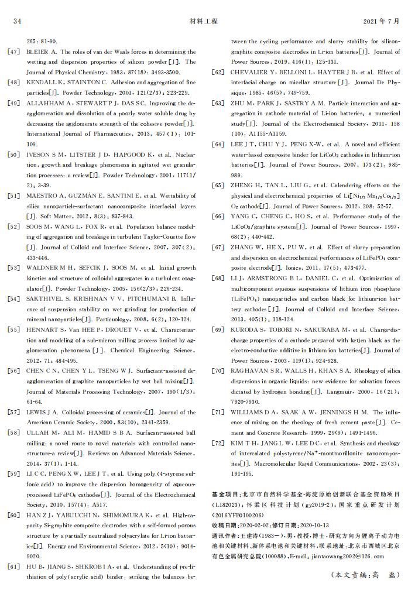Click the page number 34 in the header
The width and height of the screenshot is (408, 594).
pyautogui.click(x=17, y=22)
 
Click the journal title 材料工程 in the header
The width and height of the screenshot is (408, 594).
pyautogui.click(x=204, y=22)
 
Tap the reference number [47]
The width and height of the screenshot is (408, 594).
pyautogui.click(x=13, y=52)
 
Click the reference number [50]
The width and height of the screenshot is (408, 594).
pyautogui.click(x=13, y=155)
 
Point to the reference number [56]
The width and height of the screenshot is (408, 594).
pyautogui.click(x=13, y=371)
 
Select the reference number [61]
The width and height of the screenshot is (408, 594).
pyautogui.click(x=13, y=566)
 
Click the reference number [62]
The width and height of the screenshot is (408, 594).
pyautogui.click(x=218, y=73)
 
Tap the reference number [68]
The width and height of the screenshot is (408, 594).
pyautogui.click(x=218, y=278)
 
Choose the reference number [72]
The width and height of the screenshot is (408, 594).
pyautogui.click(x=218, y=442)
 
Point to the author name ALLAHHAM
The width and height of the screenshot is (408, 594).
pyautogui.click(x=46, y=104)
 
